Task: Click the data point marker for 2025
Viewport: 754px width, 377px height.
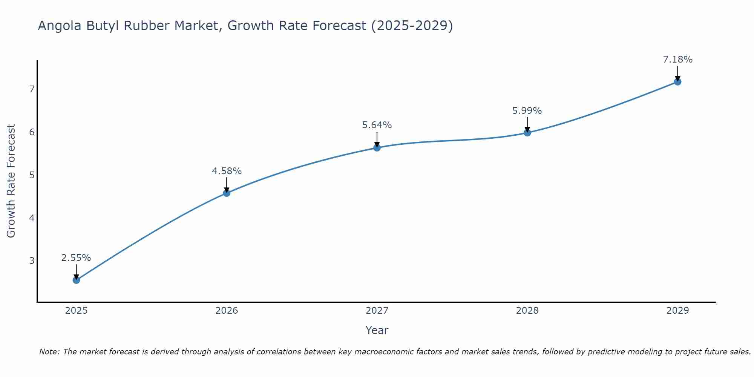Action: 76,280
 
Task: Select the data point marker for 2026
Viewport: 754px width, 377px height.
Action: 227,193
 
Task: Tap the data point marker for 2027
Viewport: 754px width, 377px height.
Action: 377,147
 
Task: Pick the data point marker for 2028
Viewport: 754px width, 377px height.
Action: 527,132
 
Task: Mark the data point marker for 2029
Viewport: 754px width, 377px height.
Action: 677,81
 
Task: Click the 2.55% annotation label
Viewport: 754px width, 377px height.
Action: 76,258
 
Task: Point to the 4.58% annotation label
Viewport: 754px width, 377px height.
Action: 227,171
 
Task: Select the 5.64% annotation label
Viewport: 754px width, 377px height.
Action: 377,125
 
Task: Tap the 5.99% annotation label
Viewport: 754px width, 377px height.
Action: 527,111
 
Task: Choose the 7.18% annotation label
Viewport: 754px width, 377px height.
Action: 677,60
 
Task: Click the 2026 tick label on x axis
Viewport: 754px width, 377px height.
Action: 227,311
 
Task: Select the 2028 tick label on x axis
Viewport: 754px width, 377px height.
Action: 527,311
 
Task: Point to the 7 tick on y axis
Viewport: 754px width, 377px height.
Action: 32,89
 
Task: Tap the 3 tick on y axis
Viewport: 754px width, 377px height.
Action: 32,261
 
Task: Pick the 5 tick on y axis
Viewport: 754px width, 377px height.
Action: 32,175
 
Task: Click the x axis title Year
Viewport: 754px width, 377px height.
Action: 377,330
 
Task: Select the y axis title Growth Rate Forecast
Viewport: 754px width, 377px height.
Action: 11,181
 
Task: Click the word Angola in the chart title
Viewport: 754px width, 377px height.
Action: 60,26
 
